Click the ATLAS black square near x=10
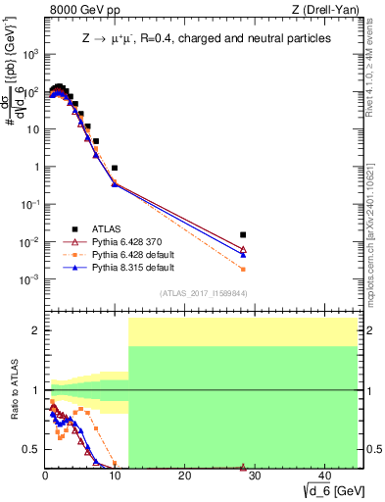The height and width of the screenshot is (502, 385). point(115,169)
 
